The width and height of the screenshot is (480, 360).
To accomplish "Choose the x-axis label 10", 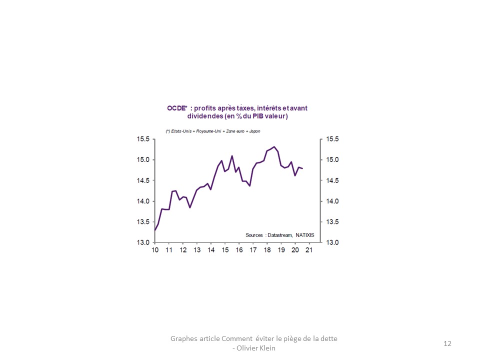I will (x=155, y=250).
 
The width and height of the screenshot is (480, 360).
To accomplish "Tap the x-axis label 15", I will (x=225, y=250).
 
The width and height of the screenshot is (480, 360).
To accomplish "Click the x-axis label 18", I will (x=267, y=250).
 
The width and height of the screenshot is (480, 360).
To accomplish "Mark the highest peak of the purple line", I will (x=274, y=146).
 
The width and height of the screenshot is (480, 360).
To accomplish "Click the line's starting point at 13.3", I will (x=155, y=230).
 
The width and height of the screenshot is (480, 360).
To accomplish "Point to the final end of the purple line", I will (x=302, y=168).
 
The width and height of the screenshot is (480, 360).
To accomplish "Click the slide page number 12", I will (x=447, y=343).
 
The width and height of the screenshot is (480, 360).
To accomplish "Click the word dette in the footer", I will (x=328, y=338).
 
